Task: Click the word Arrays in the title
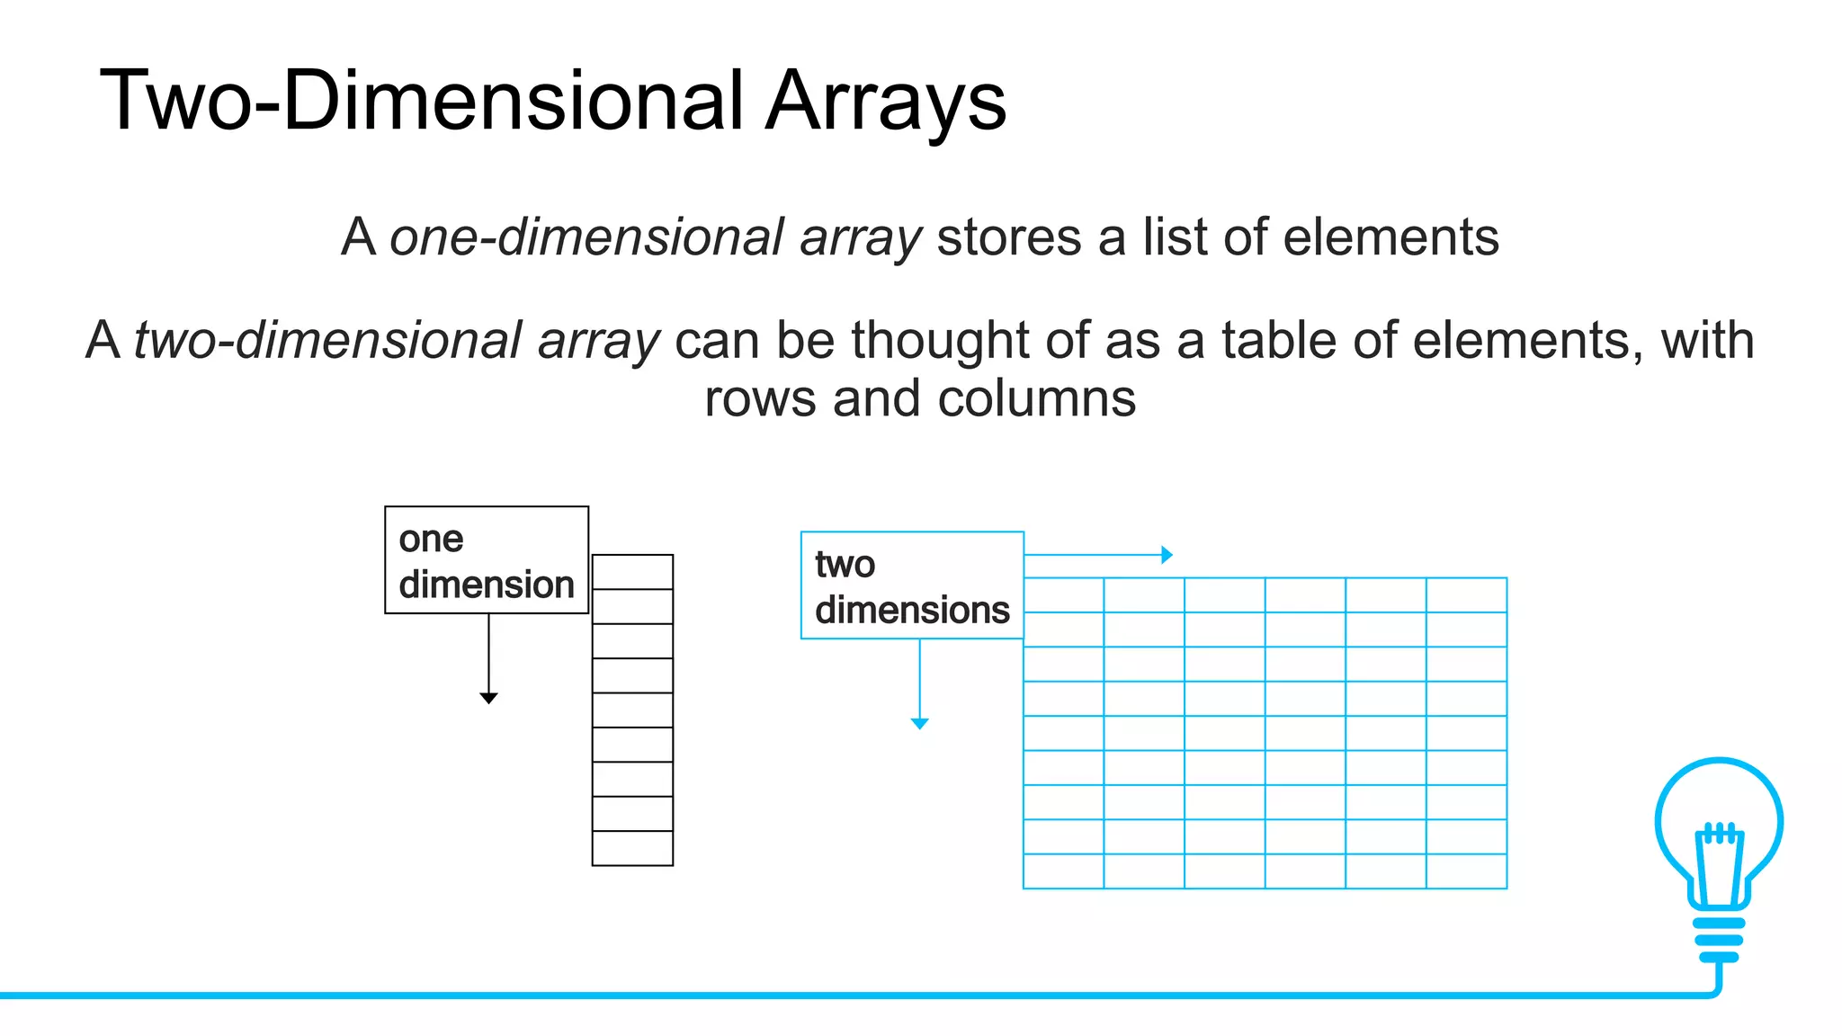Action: point(886,101)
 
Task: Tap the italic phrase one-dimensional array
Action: point(656,237)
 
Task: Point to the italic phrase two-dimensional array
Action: point(397,341)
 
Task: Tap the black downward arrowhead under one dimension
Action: point(488,698)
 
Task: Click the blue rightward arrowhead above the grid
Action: point(1167,555)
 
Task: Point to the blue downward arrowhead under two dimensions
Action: point(919,723)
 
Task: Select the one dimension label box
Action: point(487,560)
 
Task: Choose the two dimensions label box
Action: point(912,585)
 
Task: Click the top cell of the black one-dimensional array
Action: point(632,572)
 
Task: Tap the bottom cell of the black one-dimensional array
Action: point(632,848)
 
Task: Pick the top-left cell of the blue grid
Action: point(1063,595)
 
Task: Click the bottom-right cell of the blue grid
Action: point(1466,871)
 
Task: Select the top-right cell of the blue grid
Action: point(1466,595)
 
